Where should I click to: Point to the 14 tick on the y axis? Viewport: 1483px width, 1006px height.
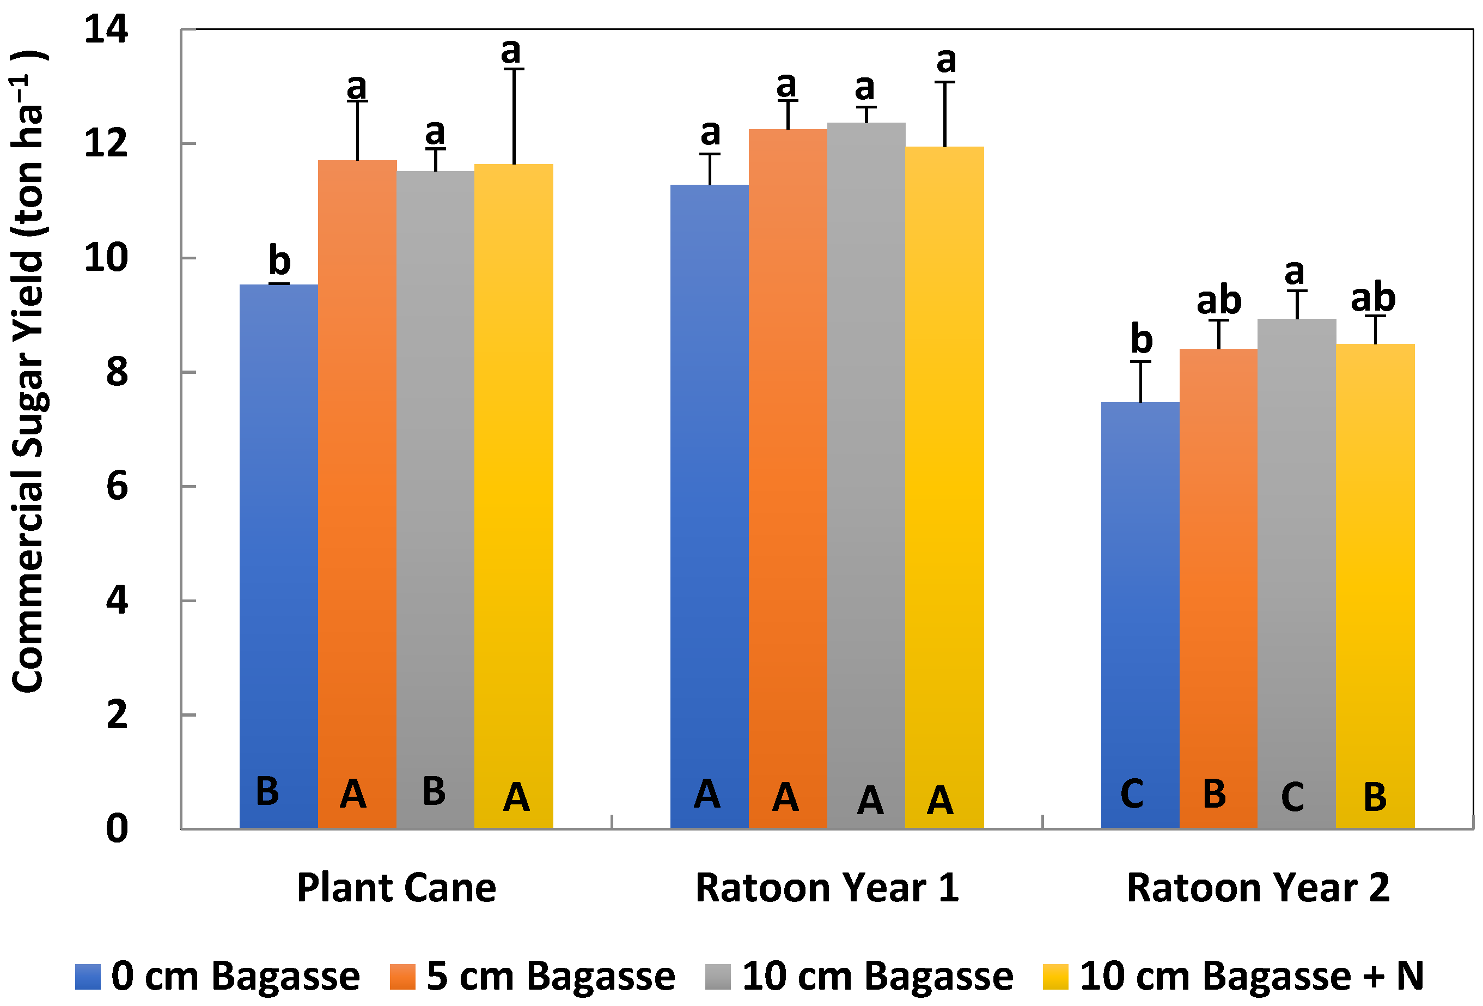[106, 29]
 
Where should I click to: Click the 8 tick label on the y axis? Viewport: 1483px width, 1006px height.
[117, 372]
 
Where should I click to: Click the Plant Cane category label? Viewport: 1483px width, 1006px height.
[396, 888]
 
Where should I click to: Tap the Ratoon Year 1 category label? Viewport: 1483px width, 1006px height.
[827, 888]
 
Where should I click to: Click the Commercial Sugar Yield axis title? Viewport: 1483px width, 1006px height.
[29, 370]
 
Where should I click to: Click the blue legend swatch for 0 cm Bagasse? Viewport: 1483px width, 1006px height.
[88, 977]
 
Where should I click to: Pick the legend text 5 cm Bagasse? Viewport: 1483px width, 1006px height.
[550, 976]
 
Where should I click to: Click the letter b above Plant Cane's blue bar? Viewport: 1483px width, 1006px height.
[279, 260]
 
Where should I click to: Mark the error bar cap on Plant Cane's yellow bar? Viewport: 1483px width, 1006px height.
[514, 69]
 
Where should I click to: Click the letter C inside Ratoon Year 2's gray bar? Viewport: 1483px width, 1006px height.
[1292, 797]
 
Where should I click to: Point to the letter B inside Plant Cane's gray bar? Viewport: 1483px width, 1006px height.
[434, 791]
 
